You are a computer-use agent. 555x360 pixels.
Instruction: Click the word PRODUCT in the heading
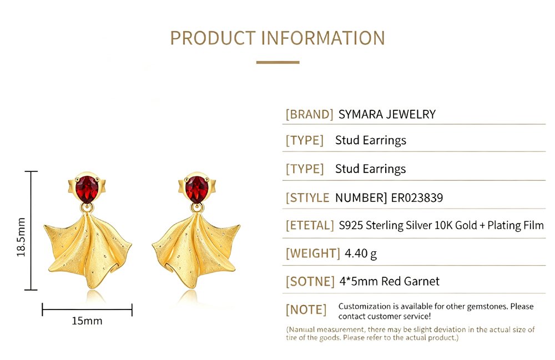click(x=213, y=38)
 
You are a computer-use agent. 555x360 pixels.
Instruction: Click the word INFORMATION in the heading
click(x=323, y=38)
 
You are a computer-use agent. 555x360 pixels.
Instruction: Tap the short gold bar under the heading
click(x=278, y=62)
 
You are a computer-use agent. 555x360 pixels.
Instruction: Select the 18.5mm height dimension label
click(x=21, y=237)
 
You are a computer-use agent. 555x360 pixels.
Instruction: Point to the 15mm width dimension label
click(x=87, y=321)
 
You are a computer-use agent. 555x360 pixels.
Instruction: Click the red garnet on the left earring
click(x=87, y=189)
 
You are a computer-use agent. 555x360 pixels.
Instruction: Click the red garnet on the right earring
click(x=197, y=189)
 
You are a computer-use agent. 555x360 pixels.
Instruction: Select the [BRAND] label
click(x=309, y=114)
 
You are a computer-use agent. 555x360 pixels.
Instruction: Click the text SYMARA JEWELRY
click(x=387, y=114)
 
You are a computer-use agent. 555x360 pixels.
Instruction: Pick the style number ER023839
click(x=417, y=197)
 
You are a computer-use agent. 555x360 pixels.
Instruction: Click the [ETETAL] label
click(x=310, y=225)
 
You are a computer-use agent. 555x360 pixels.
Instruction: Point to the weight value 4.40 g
click(x=361, y=253)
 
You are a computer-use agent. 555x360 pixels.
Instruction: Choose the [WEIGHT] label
click(x=313, y=253)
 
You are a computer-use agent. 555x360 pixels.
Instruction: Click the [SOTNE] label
click(x=310, y=281)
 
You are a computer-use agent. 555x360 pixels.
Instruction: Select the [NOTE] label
click(x=306, y=310)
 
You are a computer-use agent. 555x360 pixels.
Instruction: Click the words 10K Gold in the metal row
click(x=455, y=225)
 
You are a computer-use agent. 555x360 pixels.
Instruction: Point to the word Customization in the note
click(x=364, y=306)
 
